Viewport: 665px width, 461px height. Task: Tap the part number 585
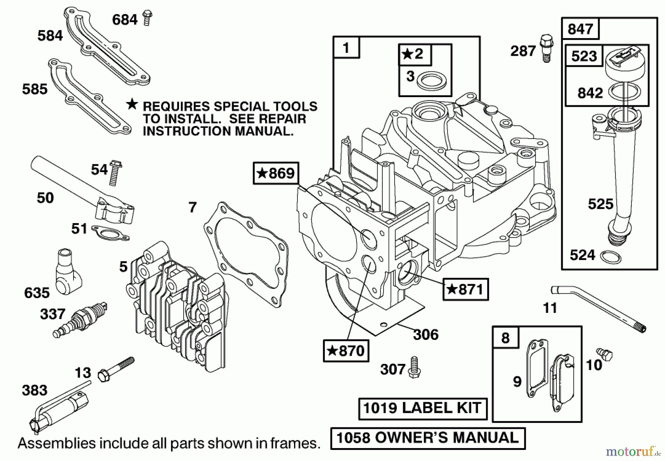pyautogui.click(x=35, y=89)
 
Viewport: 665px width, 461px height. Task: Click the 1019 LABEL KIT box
pyautogui.click(x=422, y=408)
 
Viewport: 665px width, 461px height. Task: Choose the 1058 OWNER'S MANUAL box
pyautogui.click(x=427, y=438)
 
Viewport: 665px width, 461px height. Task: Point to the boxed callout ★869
pyautogui.click(x=276, y=173)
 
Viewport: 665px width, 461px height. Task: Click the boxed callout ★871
pyautogui.click(x=465, y=289)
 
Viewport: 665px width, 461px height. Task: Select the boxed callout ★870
pyautogui.click(x=346, y=351)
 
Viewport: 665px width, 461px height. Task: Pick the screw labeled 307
pyautogui.click(x=414, y=367)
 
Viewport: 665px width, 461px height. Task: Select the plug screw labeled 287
pyautogui.click(x=546, y=47)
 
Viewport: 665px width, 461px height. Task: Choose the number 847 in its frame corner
pyautogui.click(x=580, y=29)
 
